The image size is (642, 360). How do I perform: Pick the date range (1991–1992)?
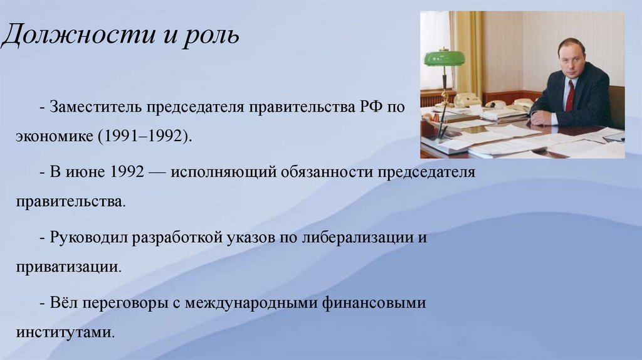click(144, 136)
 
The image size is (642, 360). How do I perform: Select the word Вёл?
click(63, 303)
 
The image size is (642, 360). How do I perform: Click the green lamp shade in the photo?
click(444, 58)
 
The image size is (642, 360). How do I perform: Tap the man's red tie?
click(569, 95)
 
